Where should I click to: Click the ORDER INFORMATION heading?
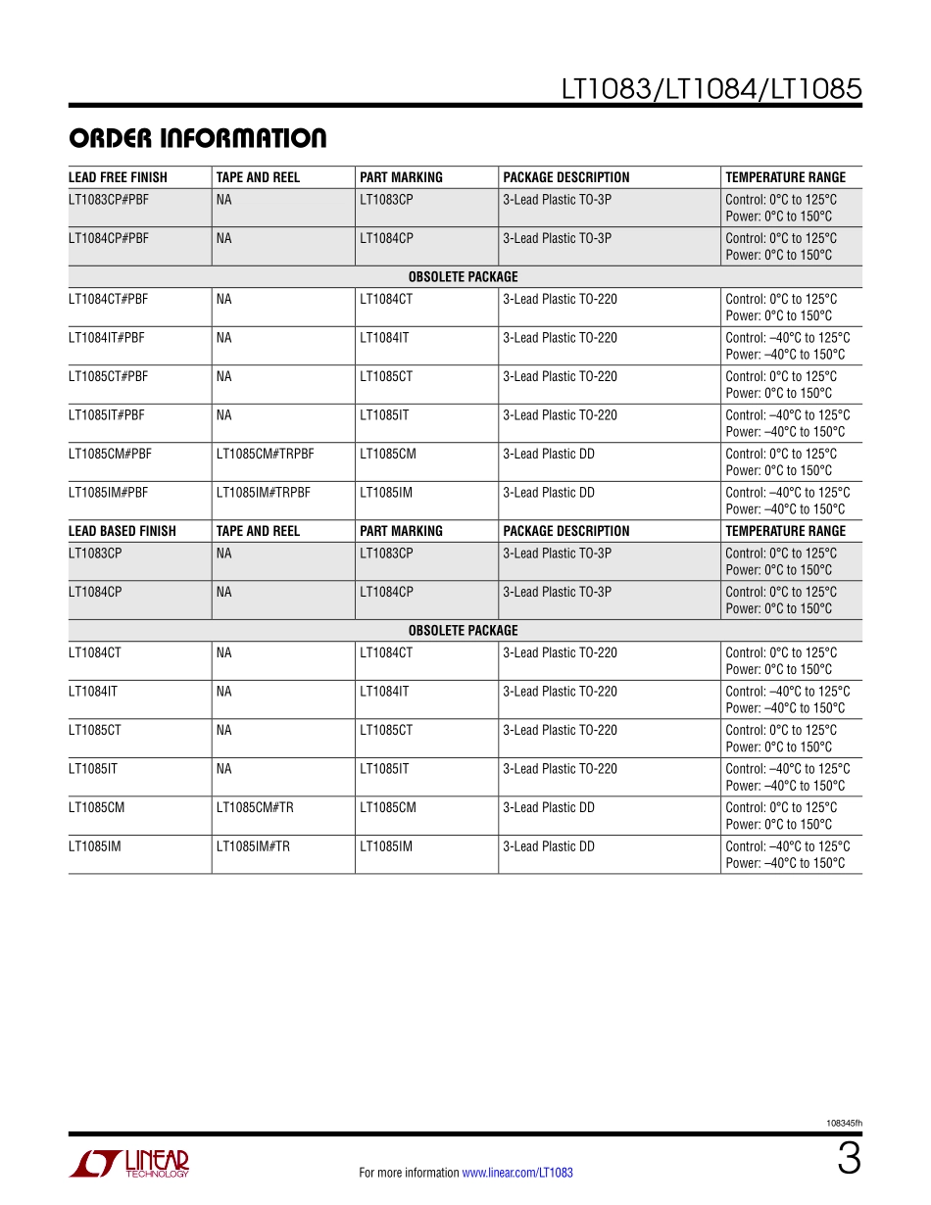(x=197, y=139)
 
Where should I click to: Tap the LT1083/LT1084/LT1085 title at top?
(x=711, y=89)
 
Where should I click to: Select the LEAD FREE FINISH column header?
(x=118, y=177)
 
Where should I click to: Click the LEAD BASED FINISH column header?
(x=122, y=531)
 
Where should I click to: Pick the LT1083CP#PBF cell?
(x=109, y=199)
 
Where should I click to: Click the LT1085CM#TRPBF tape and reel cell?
(x=266, y=455)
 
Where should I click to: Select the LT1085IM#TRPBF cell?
(x=263, y=493)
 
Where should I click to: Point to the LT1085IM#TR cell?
(x=253, y=846)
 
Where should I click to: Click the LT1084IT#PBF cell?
(x=107, y=338)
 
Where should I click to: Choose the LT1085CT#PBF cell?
(x=109, y=377)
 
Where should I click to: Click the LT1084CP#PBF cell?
(x=109, y=238)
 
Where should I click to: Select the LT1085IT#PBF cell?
(x=107, y=415)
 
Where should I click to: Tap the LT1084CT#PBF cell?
(x=109, y=300)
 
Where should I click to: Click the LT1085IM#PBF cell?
(x=109, y=493)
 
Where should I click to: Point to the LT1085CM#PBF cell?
(x=110, y=455)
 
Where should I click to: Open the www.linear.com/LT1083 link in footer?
(x=517, y=1173)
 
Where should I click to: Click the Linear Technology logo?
(x=129, y=1163)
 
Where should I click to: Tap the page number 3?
(x=849, y=1161)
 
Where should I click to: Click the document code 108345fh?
(x=844, y=1124)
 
